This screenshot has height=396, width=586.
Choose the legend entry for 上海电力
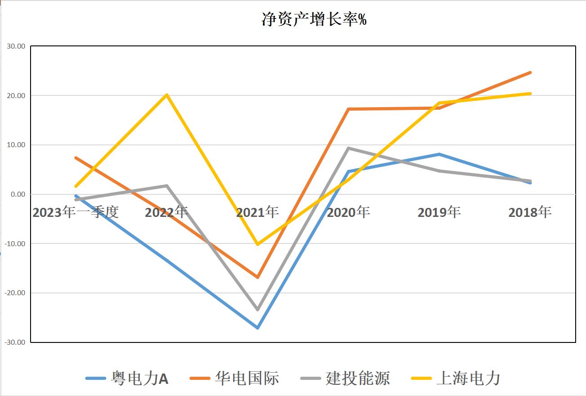(456, 378)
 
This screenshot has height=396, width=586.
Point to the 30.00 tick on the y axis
(16, 46)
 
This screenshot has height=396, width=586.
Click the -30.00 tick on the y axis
(15, 342)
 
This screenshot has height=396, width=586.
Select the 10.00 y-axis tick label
(16, 145)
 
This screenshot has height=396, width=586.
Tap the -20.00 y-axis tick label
(15, 293)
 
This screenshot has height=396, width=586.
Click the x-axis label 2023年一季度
(75, 212)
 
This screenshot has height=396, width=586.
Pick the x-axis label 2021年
(257, 212)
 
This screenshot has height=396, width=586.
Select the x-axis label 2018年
(530, 212)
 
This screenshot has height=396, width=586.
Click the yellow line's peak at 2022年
(167, 94)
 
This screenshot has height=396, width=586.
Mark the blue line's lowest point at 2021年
(257, 328)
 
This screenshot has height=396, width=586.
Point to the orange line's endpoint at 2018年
(530, 72)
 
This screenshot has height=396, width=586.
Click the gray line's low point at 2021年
(257, 310)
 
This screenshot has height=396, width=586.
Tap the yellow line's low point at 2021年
(257, 244)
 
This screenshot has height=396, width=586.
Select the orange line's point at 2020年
(349, 109)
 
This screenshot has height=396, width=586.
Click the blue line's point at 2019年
(439, 154)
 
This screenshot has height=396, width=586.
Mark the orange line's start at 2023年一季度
(76, 158)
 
